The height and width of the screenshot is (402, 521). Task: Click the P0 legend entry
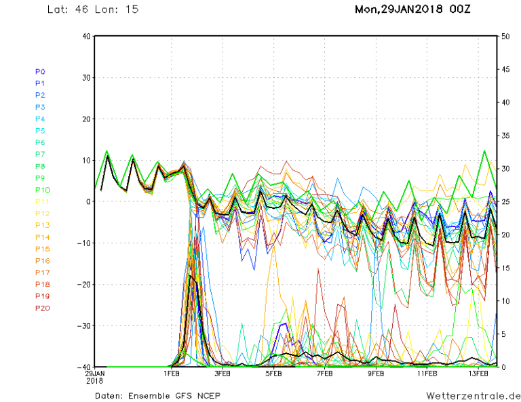(x=40, y=71)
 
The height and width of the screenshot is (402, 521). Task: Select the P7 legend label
(x=40, y=155)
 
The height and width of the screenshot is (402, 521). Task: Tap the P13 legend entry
(x=41, y=225)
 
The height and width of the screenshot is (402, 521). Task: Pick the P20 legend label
(x=41, y=308)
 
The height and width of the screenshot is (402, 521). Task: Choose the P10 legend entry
(x=41, y=190)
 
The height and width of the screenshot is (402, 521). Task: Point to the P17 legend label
(x=41, y=273)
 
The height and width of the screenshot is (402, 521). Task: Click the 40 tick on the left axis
(x=85, y=36)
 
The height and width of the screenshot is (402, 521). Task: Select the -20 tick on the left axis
(x=83, y=285)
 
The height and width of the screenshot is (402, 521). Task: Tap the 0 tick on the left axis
(x=88, y=202)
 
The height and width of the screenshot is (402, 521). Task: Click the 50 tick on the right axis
(x=505, y=36)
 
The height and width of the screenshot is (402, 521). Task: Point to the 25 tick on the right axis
(x=505, y=202)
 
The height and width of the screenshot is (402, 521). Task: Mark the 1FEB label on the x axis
(x=172, y=374)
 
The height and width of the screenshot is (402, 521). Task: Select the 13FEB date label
(x=479, y=374)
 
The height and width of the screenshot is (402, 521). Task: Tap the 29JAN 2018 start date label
(x=95, y=377)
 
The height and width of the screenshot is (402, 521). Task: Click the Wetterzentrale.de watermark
(x=474, y=395)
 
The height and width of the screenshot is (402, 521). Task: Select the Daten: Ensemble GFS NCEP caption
(x=158, y=395)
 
